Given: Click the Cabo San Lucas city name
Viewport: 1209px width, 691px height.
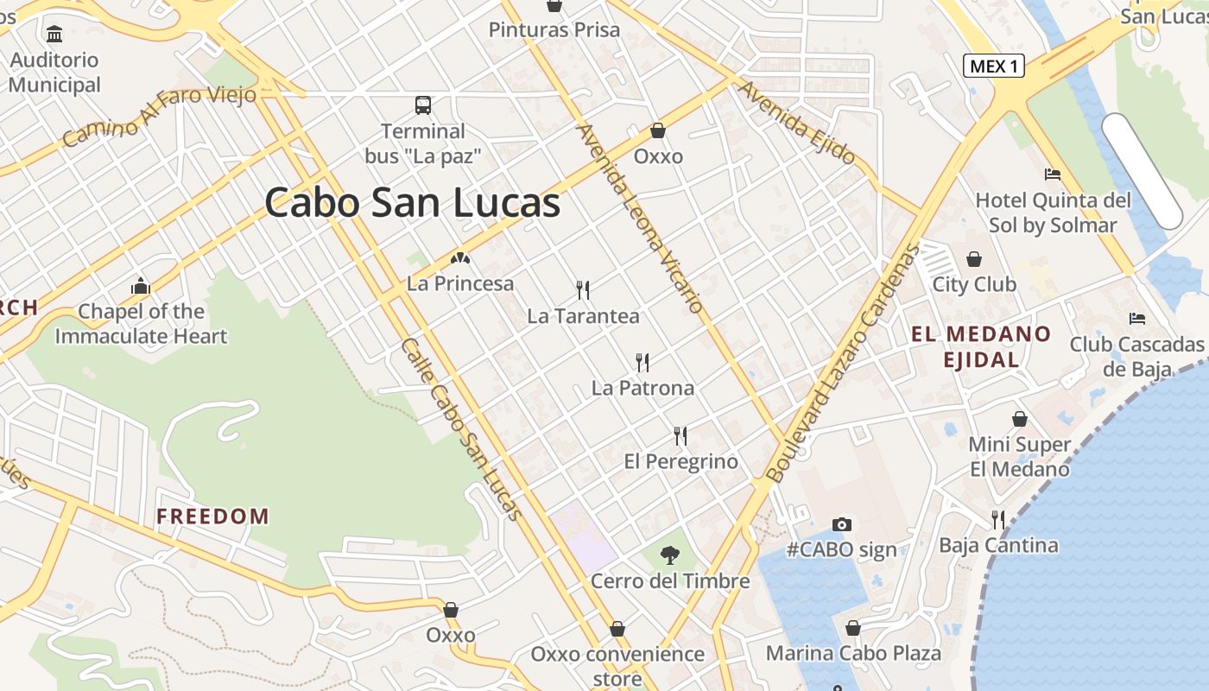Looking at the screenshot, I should pos(413,203).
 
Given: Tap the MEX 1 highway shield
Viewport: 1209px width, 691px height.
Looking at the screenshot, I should pos(993,66).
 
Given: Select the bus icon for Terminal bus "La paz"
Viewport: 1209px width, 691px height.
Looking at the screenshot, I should pos(423,105).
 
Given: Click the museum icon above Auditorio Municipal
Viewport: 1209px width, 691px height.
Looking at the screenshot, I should pos(55,34).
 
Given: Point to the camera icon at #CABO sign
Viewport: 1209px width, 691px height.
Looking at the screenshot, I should pos(841,524).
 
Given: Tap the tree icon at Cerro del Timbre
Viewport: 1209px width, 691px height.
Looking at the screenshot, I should pos(669,555).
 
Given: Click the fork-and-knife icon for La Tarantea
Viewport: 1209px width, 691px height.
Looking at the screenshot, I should pos(583,289).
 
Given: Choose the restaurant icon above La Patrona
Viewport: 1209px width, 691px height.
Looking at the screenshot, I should pos(642,361).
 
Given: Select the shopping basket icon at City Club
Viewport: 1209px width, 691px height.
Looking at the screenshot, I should pos(974,258).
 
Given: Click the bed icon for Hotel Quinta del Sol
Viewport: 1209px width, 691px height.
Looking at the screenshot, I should pos(1053,174).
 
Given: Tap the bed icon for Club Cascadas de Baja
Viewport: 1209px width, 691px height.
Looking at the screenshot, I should pos(1137,319).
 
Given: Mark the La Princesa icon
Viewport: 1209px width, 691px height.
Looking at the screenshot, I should pos(459,257).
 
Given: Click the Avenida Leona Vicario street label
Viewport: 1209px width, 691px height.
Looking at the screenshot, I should pos(640,219).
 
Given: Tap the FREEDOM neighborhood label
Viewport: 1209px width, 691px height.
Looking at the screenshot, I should pos(212,517).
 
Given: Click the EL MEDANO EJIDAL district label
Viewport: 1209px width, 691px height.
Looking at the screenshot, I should pos(981,346).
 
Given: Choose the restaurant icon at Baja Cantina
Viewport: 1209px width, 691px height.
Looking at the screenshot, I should pos(998,519).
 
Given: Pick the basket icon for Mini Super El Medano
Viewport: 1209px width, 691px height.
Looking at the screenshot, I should pos(1020,419).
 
